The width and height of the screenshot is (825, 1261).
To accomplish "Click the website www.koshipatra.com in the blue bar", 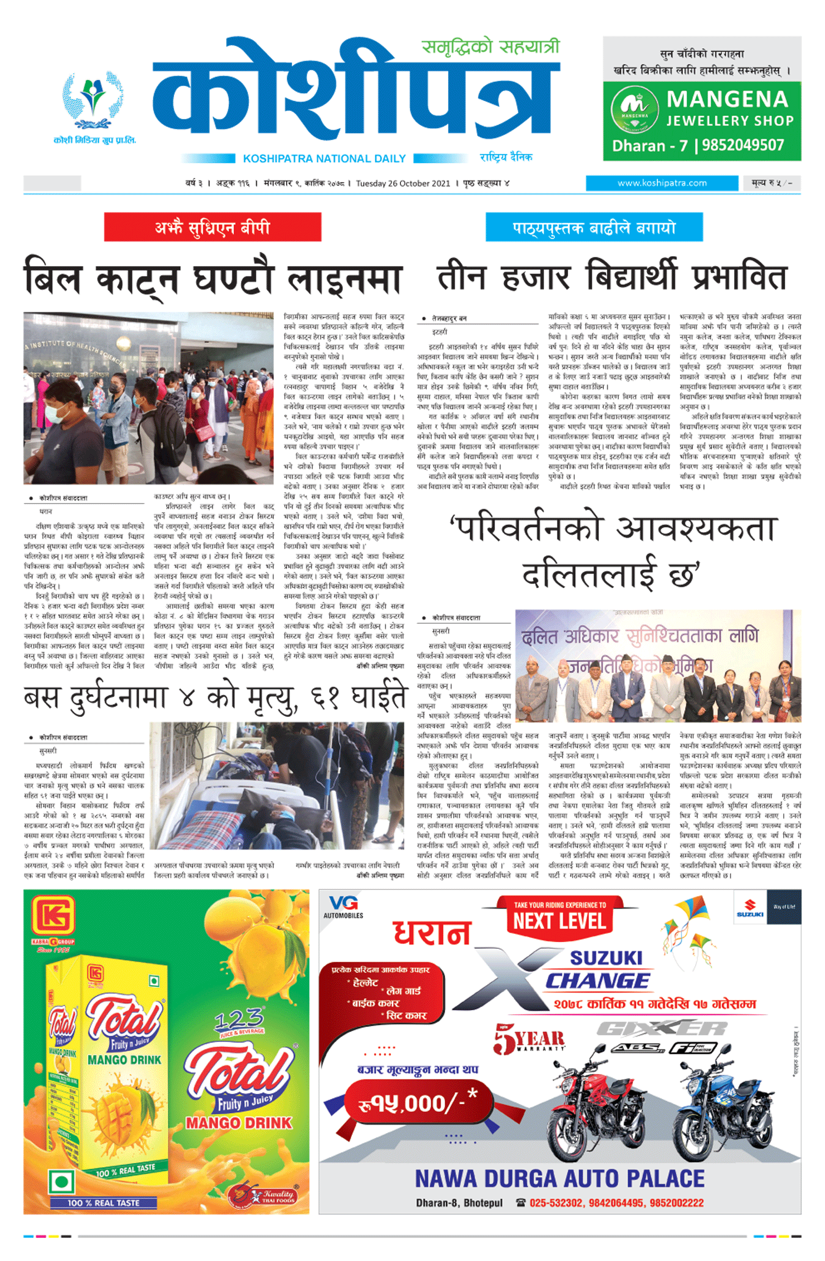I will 662,183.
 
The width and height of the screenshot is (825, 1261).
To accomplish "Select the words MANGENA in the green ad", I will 727,99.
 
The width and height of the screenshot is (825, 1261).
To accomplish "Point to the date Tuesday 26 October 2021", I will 403,184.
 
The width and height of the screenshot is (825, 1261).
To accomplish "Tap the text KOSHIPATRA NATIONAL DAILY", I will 324,159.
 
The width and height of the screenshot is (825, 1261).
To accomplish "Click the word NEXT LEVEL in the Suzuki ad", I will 559,921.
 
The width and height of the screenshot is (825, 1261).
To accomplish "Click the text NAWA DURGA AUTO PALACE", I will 559,1179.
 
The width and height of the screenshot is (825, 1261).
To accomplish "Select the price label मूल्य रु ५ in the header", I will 771,183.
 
